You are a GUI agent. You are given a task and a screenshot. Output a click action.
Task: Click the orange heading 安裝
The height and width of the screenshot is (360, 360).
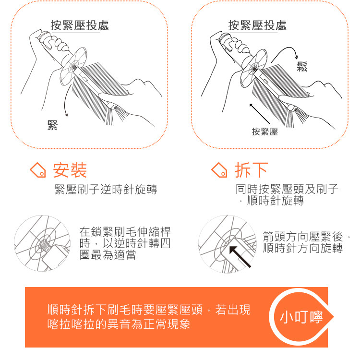[x=70, y=170]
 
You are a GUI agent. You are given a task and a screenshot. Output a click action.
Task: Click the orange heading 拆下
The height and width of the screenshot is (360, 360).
[x=252, y=170]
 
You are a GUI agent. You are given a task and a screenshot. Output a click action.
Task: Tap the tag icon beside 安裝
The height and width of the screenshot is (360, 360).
[x=38, y=170]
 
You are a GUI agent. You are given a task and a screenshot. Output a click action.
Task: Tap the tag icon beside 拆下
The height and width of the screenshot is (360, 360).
[x=219, y=170]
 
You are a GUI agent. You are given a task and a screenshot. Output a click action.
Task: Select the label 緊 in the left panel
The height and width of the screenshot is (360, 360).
[x=52, y=125]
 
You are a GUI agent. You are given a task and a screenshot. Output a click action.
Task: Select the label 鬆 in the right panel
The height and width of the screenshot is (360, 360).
[x=302, y=67]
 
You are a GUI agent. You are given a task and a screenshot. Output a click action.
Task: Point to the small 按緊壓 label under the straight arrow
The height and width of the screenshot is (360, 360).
[x=264, y=132]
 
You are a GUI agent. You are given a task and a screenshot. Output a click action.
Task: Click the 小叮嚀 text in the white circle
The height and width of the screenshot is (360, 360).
[x=301, y=317]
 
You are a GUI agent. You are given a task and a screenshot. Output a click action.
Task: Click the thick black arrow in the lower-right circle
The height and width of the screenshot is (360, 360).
[x=240, y=257]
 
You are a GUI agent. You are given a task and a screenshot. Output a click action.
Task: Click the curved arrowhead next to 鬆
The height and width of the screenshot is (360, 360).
[x=297, y=57]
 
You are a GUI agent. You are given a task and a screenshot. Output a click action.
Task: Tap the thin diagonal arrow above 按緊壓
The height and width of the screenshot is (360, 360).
[x=260, y=114]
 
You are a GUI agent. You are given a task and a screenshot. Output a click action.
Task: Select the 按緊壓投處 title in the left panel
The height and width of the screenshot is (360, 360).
[x=79, y=25]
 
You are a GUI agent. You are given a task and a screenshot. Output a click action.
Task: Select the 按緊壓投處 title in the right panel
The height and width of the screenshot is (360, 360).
[x=257, y=25]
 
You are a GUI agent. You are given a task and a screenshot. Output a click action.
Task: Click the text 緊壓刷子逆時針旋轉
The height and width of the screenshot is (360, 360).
[x=106, y=190]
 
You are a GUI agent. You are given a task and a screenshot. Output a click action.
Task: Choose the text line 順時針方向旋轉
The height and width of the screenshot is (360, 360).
[x=303, y=248]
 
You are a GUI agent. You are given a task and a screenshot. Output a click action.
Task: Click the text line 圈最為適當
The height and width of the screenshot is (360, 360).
[x=108, y=255]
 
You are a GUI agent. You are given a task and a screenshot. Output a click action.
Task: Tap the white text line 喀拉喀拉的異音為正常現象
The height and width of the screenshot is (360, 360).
[x=119, y=324]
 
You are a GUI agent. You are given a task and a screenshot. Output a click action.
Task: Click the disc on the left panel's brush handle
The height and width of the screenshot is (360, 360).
[x=73, y=66]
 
